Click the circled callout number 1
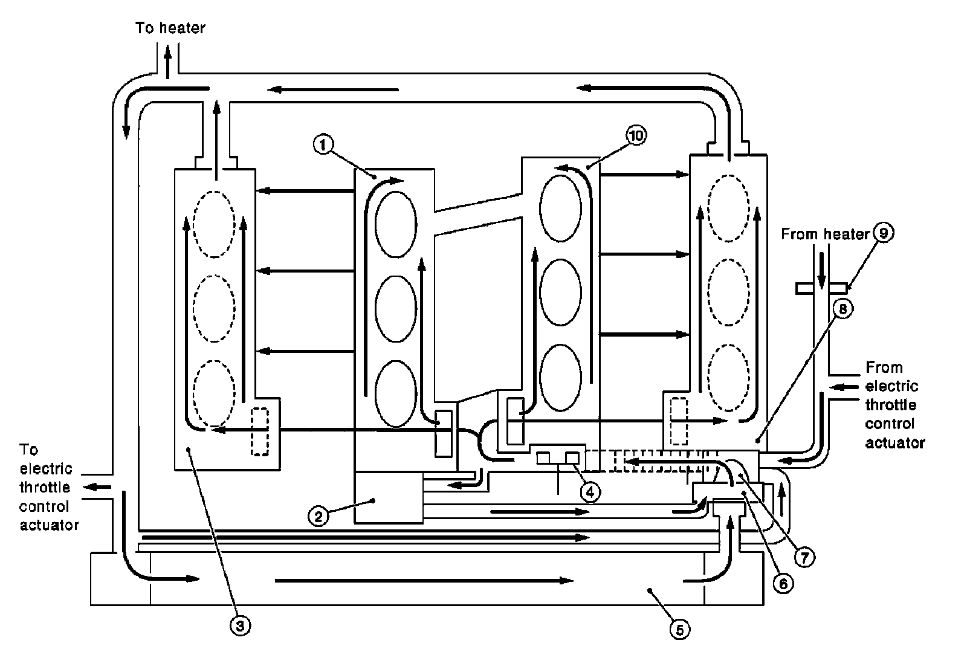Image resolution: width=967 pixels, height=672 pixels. click(323, 144)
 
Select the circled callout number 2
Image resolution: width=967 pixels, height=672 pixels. click(318, 516)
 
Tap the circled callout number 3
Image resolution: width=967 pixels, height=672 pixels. click(240, 625)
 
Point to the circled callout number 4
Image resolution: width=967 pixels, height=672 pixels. click(590, 491)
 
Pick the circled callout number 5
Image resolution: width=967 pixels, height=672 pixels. click(680, 630)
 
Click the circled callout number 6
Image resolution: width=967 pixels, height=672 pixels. click(783, 584)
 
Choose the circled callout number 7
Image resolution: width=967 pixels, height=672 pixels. click(804, 558)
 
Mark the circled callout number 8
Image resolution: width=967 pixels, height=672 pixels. click(842, 309)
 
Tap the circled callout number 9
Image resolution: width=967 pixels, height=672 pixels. click(883, 233)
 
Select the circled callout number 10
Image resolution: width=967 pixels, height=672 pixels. click(636, 136)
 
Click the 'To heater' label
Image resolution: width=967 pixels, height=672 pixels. click(170, 28)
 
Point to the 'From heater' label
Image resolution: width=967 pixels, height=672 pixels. click(825, 234)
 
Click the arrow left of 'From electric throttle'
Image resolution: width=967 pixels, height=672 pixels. click(844, 387)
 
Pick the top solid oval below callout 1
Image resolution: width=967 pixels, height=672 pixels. click(396, 224)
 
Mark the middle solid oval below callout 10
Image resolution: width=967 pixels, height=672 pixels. click(560, 292)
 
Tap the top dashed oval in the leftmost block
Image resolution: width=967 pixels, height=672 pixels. click(214, 224)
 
